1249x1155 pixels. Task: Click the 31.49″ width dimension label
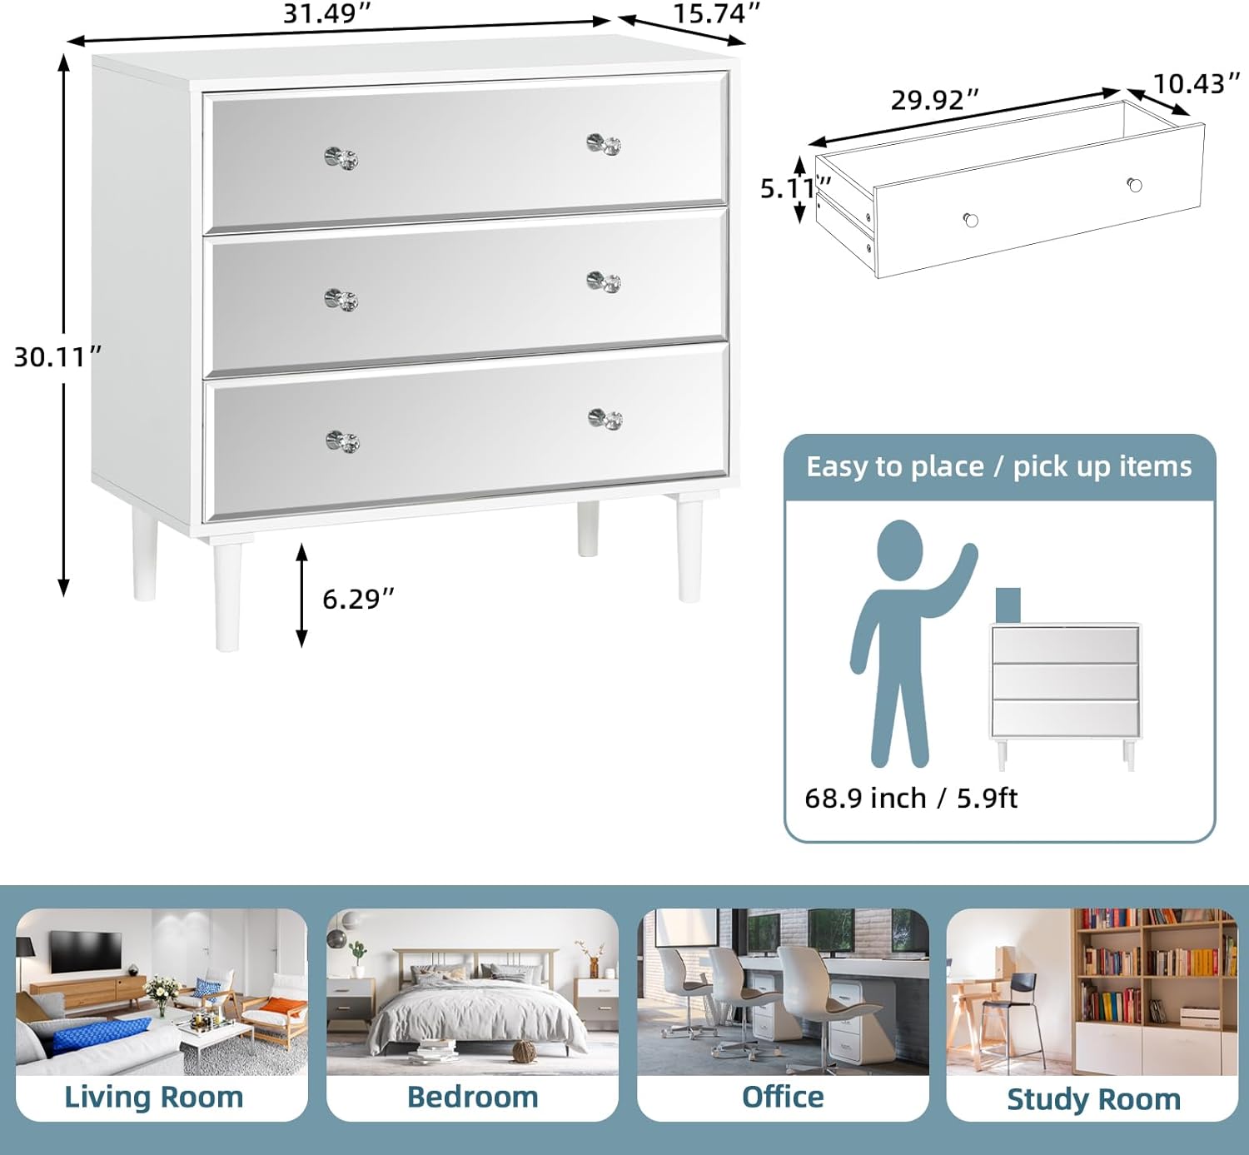(x=326, y=13)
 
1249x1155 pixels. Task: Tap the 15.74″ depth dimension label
(x=716, y=13)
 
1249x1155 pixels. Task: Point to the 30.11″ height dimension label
(x=57, y=356)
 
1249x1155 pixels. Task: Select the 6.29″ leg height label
(x=358, y=599)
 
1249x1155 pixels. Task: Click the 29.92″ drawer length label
(x=934, y=100)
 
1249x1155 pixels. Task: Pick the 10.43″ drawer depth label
(x=1197, y=83)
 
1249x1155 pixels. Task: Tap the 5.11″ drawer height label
(x=795, y=188)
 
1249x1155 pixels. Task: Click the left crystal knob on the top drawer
(x=341, y=158)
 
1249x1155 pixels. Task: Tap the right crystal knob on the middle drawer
(x=604, y=281)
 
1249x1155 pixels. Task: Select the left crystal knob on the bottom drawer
(x=343, y=441)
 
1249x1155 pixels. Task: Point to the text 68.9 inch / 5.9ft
(x=911, y=798)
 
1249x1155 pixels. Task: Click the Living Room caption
(x=154, y=1097)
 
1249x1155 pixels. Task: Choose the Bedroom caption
(x=473, y=1097)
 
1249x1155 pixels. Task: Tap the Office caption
(x=783, y=1097)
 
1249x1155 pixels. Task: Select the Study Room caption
(x=1093, y=1100)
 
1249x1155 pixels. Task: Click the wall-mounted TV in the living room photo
(x=86, y=950)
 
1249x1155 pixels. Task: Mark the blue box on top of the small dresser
(x=1008, y=605)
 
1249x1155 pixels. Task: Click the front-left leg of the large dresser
(x=227, y=596)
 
